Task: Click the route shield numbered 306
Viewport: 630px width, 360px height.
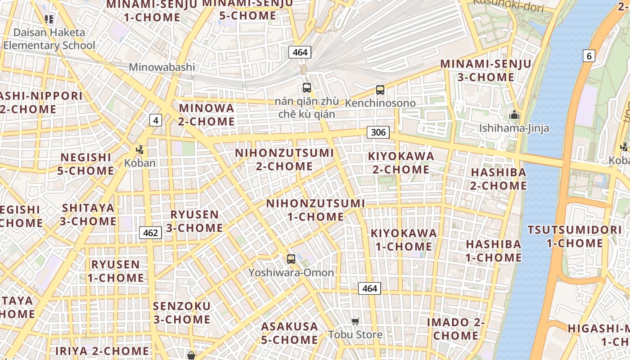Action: pos(378,132)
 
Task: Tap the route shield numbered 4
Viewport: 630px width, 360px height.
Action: pos(156,120)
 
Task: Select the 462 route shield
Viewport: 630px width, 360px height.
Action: pos(150,233)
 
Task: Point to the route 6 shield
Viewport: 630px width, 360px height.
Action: pos(589,56)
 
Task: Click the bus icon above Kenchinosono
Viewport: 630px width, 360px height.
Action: pos(380,90)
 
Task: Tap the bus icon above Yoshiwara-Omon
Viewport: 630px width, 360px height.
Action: pos(291,259)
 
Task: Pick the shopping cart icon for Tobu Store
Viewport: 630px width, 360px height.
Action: pos(355,321)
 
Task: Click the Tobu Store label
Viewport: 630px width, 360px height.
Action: pos(355,334)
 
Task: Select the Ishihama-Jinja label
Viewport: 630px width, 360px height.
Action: pos(514,128)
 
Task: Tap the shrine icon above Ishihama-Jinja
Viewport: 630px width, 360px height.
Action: pos(514,115)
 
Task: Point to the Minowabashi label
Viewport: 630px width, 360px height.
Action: pos(162,67)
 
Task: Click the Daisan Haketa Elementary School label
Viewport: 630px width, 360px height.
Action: pos(49,39)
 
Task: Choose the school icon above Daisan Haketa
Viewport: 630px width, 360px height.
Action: pos(49,19)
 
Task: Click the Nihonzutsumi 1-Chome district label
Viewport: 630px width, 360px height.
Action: pos(315,210)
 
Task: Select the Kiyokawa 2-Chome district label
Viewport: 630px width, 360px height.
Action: pos(401,163)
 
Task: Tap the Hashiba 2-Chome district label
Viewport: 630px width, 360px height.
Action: pos(499,179)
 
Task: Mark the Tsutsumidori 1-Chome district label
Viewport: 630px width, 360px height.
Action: pos(575,237)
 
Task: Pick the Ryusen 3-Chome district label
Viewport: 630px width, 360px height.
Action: pos(194,221)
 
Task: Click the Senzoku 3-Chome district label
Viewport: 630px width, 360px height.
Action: pos(182,313)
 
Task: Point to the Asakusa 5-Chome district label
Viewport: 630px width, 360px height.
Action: pos(289,333)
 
